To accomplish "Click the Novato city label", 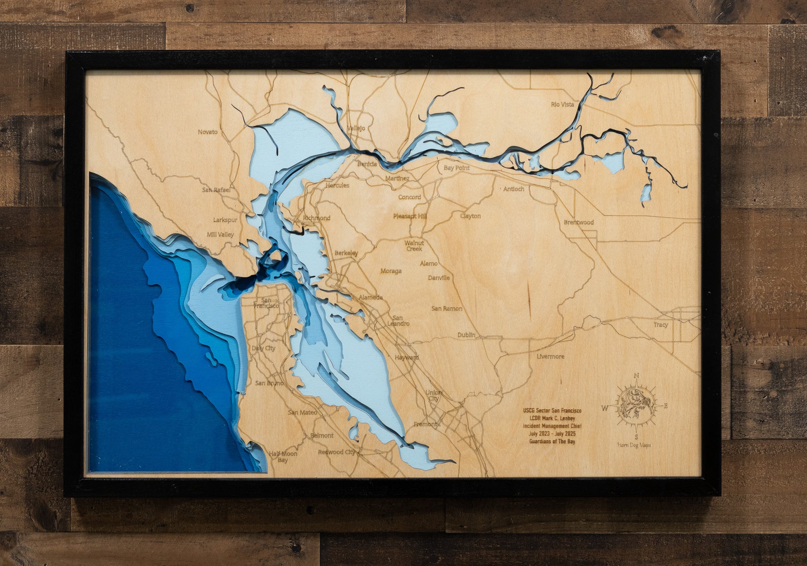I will point(207,132).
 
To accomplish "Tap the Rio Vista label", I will point(562,105).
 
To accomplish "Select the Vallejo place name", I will point(356,128).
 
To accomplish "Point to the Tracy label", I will point(661,324).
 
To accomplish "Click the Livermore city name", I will point(550,356).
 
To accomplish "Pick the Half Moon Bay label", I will point(283,456).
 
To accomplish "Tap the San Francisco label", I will point(266,303).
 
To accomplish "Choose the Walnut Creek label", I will point(414,246).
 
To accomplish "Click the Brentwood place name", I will point(579,222).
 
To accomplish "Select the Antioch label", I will point(513,189).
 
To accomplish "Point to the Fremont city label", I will point(425,424).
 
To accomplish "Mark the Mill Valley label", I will point(220,234).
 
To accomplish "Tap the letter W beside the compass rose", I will point(605,408).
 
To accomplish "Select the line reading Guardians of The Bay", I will point(552,442).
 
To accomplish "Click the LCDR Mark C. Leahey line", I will point(552,418).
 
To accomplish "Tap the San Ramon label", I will point(447,309).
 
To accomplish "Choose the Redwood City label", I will point(336,452).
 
